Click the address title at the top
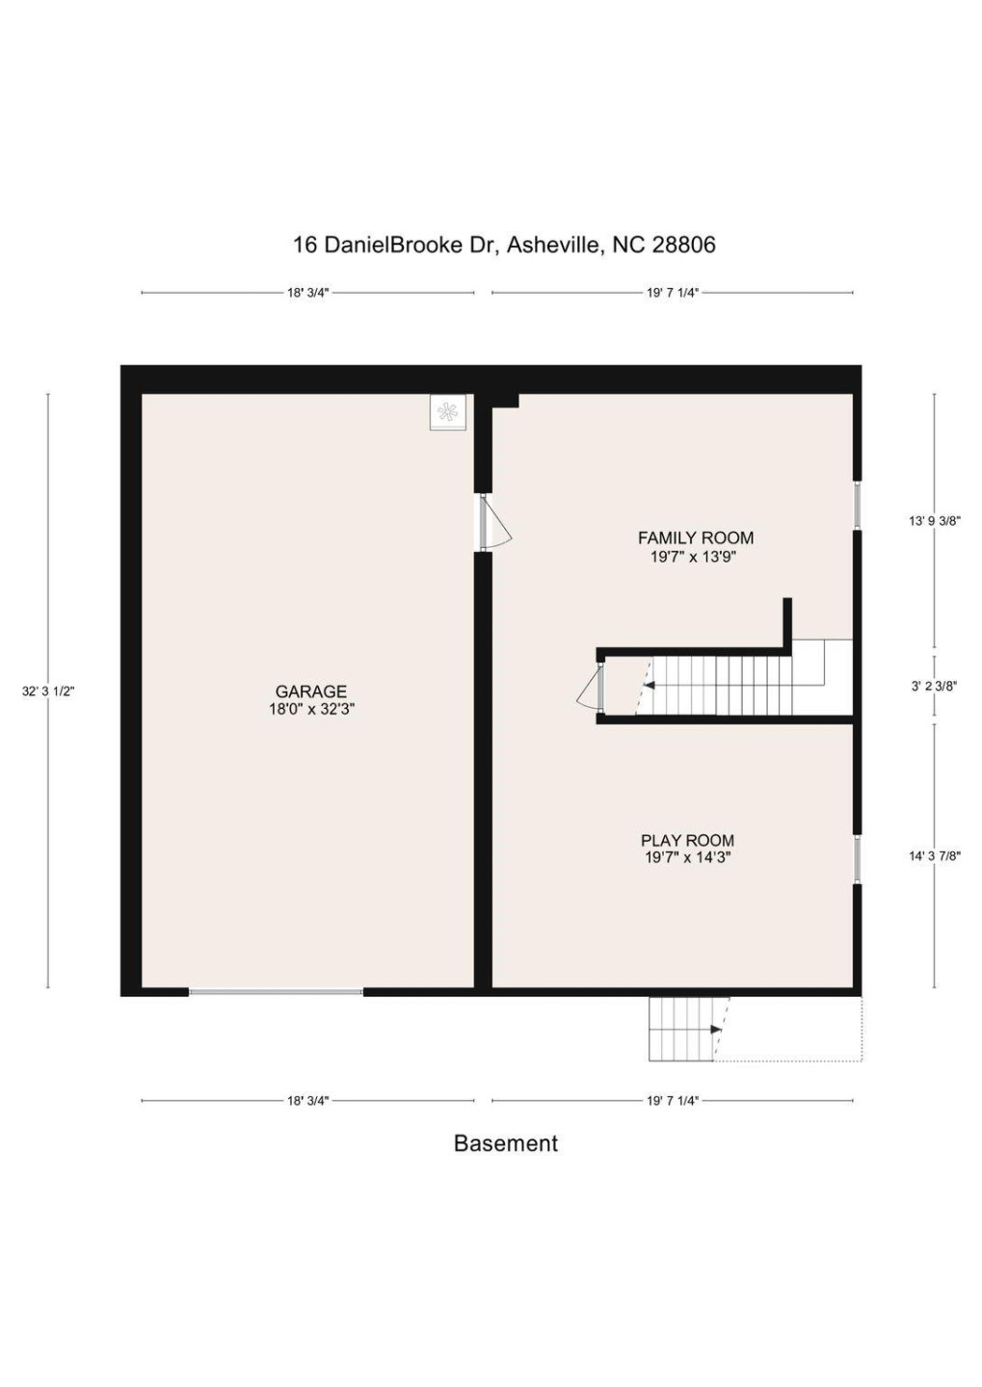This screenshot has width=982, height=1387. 504,245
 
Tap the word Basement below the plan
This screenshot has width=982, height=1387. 505,1143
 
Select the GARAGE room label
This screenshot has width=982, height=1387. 310,692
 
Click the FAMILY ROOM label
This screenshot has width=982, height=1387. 695,538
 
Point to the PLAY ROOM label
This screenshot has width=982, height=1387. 687,841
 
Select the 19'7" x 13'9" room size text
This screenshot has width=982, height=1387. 694,557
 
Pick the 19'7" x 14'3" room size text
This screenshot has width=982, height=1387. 687,857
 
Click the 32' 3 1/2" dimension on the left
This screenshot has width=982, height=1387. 48,692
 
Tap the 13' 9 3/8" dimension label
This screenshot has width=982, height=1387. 934,521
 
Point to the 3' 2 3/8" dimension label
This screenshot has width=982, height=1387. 934,687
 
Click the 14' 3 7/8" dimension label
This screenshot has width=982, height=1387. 934,855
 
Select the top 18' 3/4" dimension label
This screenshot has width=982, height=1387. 307,293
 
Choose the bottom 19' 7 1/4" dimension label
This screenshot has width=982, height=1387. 672,1100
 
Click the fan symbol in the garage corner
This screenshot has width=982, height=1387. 447,412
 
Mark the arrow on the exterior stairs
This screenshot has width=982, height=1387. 715,1030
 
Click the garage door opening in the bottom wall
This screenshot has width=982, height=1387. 276,991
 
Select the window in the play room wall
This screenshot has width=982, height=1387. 857,859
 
